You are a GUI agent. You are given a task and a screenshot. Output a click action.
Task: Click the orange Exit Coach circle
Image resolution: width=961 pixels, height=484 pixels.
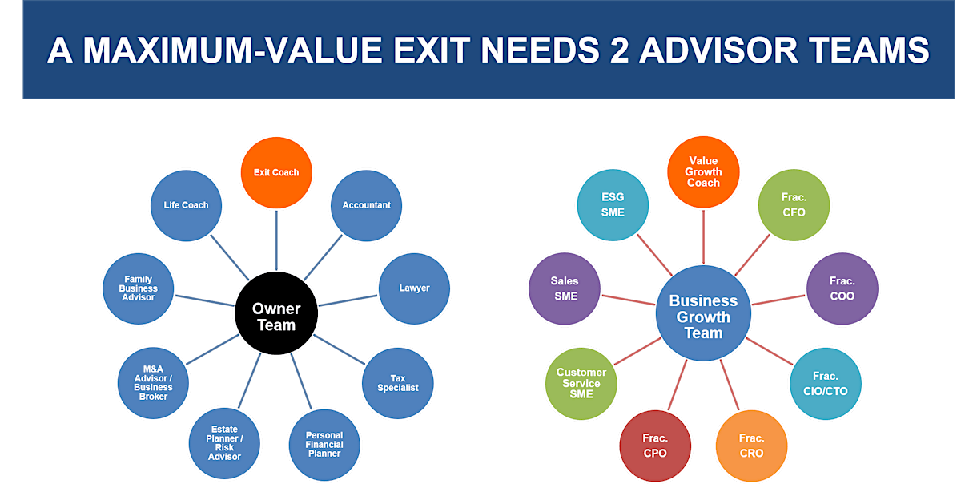pos(276,172)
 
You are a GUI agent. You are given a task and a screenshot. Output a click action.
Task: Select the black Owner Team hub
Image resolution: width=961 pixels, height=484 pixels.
pos(276,317)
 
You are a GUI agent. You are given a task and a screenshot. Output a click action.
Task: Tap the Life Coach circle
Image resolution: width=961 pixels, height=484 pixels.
pos(186,205)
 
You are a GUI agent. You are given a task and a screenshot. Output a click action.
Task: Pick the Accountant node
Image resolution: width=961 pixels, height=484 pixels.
pos(366,205)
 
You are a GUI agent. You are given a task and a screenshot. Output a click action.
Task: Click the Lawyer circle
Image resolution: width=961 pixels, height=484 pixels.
pos(414,288)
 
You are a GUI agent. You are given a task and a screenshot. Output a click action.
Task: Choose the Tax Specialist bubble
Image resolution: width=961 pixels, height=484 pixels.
pos(398,383)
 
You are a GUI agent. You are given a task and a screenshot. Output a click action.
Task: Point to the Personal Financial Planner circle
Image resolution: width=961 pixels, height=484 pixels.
pos(324,445)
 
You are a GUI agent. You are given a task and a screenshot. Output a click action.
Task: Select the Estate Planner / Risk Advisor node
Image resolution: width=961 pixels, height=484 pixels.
pos(224,443)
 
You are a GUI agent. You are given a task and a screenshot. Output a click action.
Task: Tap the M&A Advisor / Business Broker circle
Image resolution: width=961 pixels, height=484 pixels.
pos(153,381)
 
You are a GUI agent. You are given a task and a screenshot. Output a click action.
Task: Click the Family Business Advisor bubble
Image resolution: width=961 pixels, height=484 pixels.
pos(139,288)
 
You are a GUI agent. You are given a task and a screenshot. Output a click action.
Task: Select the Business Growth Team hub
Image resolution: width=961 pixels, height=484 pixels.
pos(703,317)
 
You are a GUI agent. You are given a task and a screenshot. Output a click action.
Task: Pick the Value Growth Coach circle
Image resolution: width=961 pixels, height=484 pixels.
pos(703,172)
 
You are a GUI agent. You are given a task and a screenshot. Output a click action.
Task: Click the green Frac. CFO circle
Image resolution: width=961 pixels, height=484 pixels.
pos(794,205)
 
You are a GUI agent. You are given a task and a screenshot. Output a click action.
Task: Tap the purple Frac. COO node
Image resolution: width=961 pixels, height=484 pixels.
pos(842,288)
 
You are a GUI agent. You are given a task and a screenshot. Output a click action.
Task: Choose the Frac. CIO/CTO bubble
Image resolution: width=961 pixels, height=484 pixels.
pos(826,384)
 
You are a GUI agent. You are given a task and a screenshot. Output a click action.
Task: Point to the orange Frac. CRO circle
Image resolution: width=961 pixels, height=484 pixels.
pos(751,446)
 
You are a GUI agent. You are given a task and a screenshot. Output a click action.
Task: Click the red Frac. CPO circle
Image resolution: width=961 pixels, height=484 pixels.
pos(655,446)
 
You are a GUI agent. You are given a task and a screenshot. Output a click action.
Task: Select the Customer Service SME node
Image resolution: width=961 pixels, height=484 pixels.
pos(581,383)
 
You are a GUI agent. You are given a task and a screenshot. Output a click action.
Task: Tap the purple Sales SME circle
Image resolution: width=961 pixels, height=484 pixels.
pos(565,288)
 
